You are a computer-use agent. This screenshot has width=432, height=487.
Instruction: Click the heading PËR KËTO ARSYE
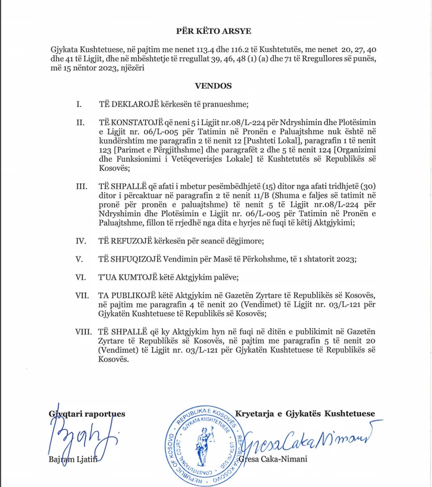click(213, 31)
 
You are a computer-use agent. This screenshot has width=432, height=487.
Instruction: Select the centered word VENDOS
click(213, 86)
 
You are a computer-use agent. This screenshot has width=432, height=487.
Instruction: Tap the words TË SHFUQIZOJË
click(126, 258)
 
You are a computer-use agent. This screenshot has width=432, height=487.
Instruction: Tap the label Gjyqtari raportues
click(86, 413)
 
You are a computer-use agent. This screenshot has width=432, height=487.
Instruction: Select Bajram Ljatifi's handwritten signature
click(84, 439)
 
